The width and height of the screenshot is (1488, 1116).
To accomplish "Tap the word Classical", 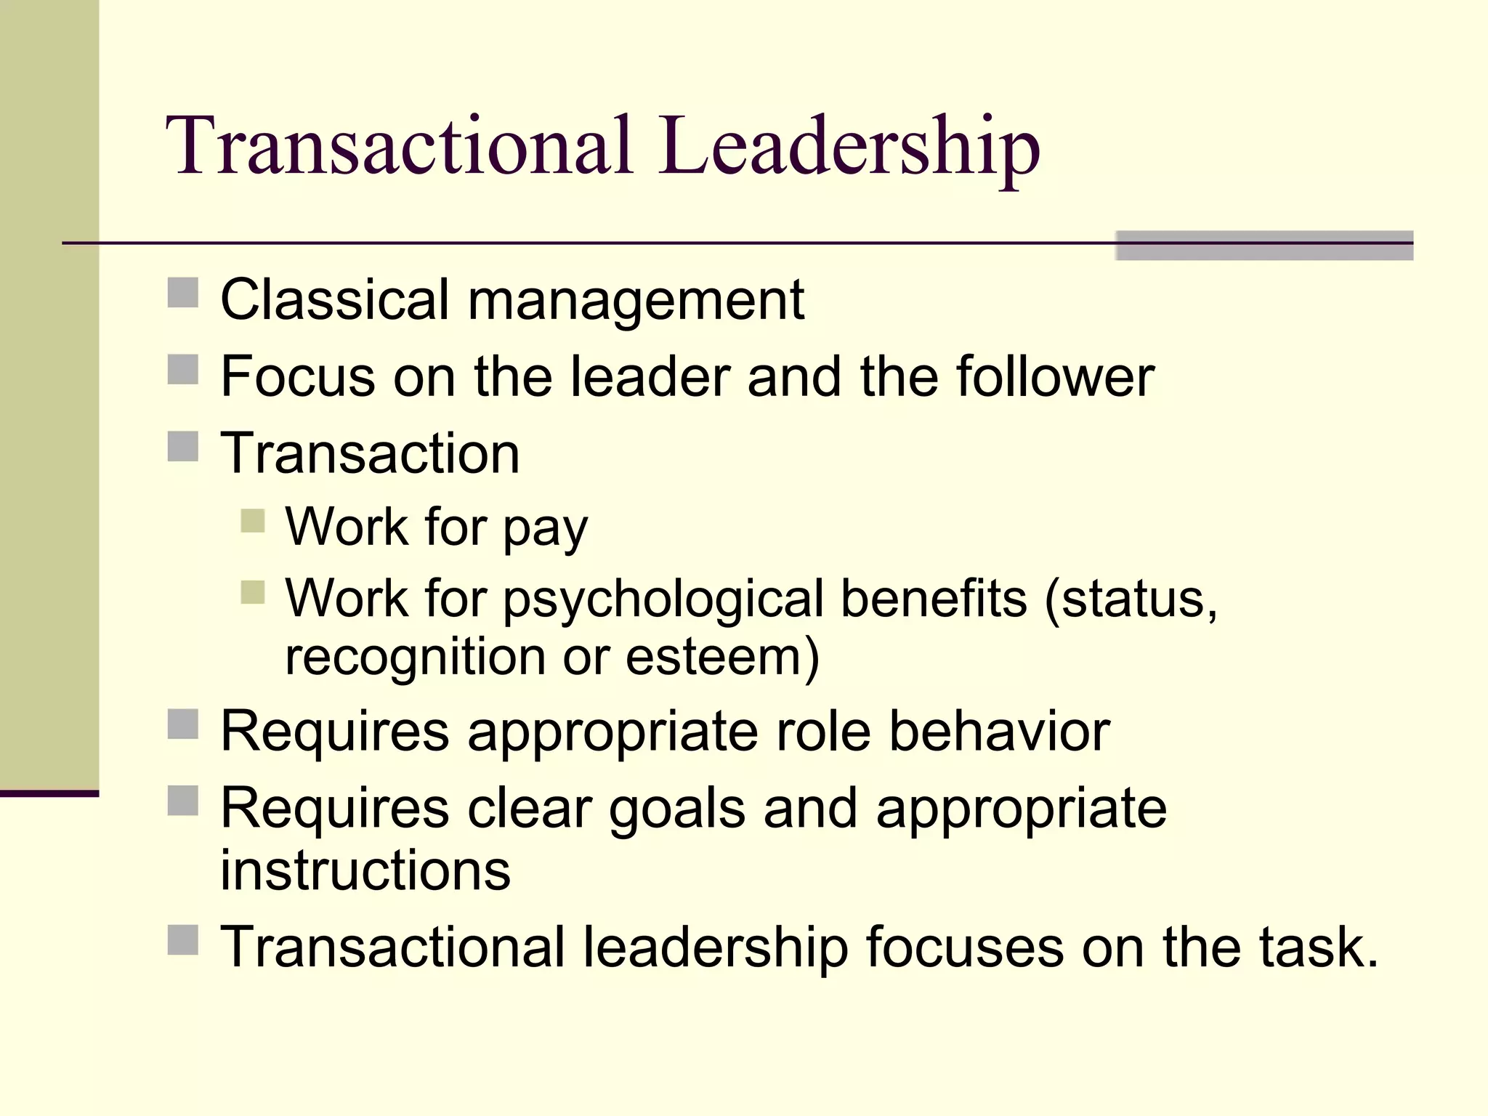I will (334, 299).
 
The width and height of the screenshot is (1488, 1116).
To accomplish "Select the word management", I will (636, 301).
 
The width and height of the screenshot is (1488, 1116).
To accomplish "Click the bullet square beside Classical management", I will (183, 293).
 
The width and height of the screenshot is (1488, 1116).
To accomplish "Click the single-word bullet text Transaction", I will (370, 453).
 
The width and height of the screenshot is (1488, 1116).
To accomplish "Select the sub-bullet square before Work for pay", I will (253, 521).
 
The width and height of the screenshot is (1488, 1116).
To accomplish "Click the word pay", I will (545, 528).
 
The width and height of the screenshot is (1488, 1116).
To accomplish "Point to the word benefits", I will (934, 599).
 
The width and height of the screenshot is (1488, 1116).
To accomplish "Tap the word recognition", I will (415, 658).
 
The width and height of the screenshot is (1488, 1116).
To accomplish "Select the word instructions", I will (365, 870).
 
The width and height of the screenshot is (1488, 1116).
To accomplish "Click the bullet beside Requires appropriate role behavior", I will (183, 724).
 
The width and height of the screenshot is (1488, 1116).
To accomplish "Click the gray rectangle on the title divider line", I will (1264, 246).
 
